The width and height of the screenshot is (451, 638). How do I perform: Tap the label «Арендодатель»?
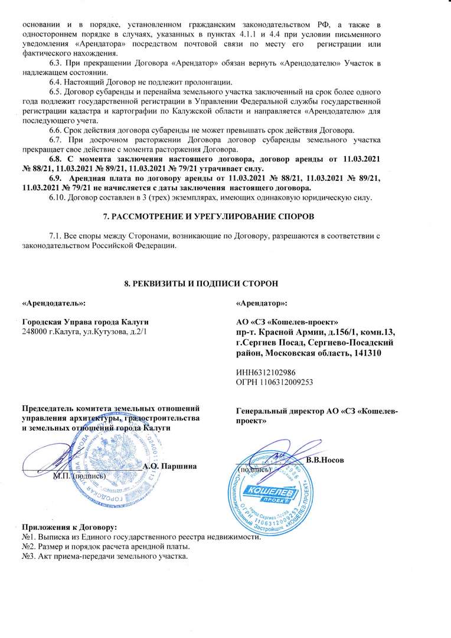53,304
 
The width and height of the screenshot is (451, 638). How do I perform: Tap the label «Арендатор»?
262,304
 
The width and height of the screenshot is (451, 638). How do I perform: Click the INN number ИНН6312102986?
266,373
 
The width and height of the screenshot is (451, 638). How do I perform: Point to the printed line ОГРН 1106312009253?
273,382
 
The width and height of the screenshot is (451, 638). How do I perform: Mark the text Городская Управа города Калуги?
85,322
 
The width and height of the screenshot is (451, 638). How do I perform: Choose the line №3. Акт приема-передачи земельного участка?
104,557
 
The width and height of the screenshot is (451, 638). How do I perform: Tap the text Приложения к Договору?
69,527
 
